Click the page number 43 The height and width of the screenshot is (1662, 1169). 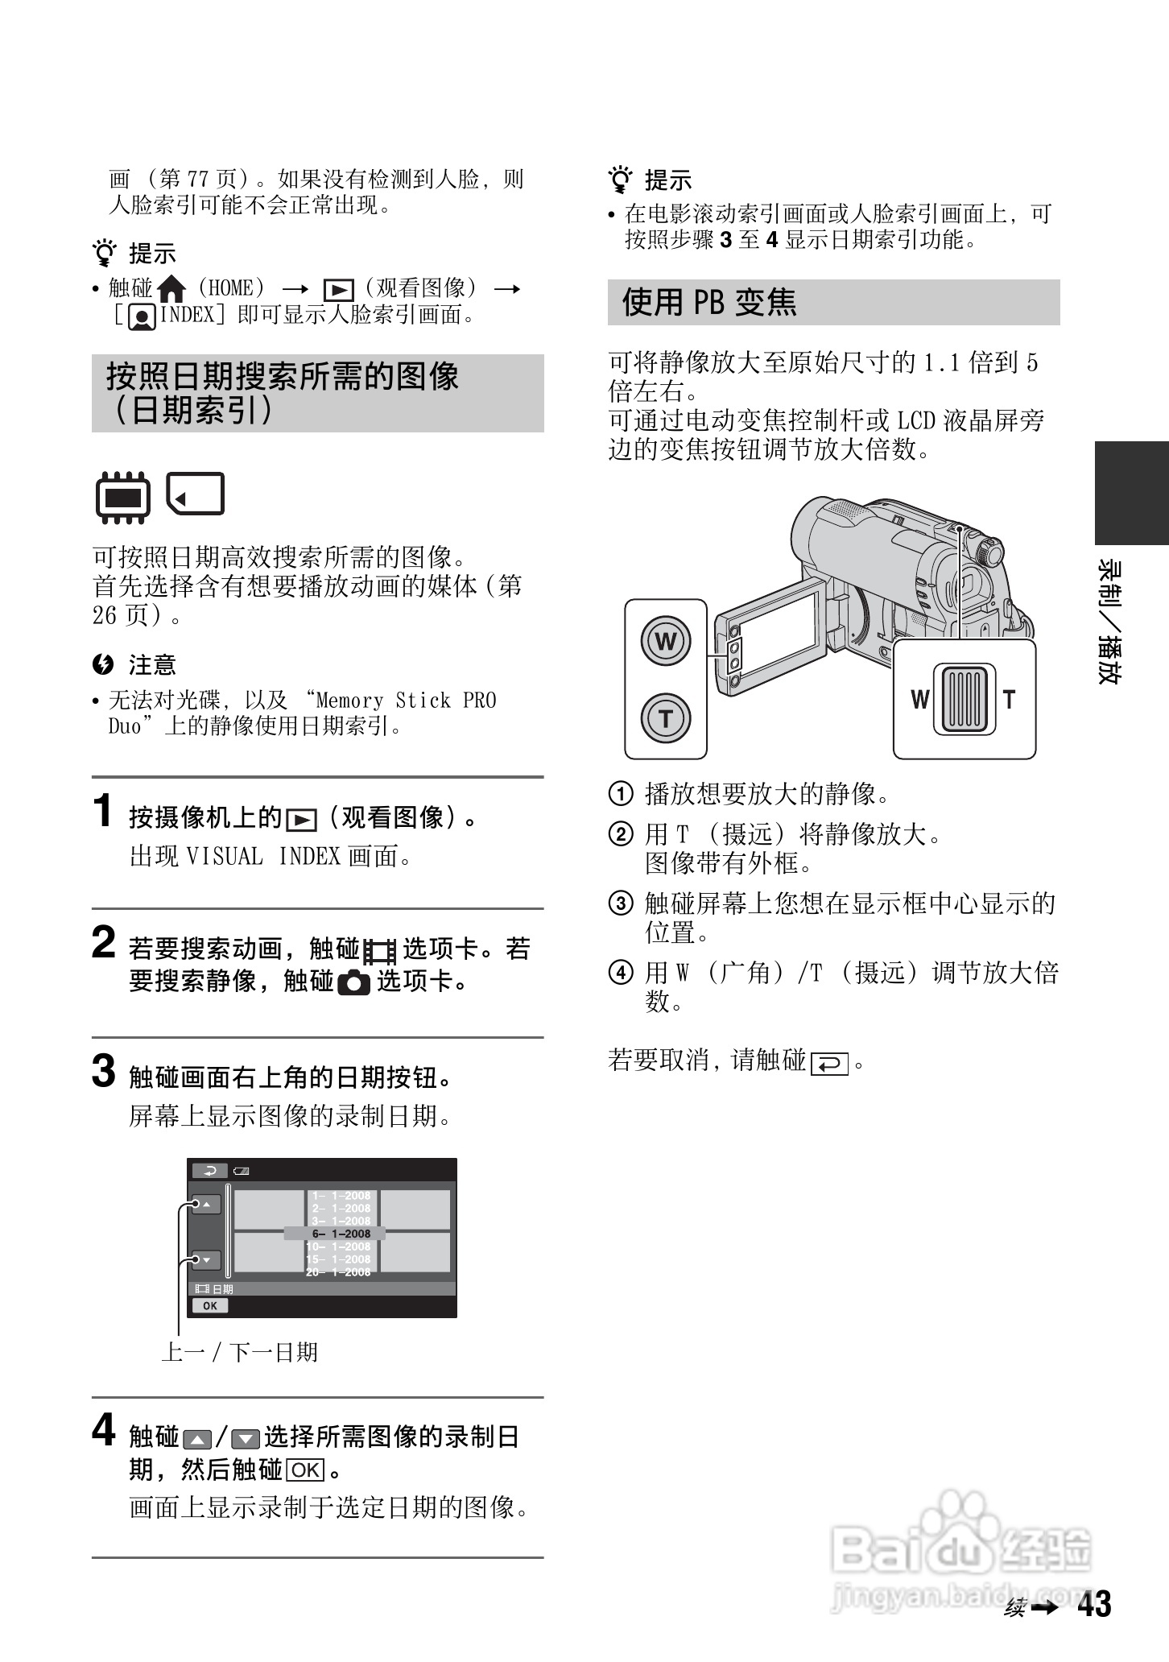[1094, 1604]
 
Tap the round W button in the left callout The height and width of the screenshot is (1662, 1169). [665, 641]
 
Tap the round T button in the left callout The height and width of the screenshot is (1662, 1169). [665, 717]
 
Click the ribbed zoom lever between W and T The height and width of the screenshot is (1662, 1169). [964, 699]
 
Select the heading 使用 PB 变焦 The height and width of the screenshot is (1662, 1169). [709, 302]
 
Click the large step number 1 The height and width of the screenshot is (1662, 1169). [103, 811]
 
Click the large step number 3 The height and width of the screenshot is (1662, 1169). [104, 1072]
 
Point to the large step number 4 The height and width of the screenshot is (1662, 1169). [104, 1431]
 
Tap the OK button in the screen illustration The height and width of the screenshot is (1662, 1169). [210, 1306]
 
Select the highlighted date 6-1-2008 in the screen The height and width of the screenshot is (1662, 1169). [341, 1234]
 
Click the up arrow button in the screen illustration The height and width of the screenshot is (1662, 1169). [206, 1205]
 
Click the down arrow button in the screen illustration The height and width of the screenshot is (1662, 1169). [206, 1260]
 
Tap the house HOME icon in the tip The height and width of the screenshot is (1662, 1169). [171, 288]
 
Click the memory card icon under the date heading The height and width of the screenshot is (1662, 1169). [196, 494]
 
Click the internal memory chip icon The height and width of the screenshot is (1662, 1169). [122, 497]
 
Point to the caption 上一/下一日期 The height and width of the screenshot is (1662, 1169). [240, 1352]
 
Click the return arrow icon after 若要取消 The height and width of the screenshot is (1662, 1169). [830, 1064]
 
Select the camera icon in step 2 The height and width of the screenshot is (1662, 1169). [354, 982]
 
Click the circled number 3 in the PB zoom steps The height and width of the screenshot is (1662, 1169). [620, 904]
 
